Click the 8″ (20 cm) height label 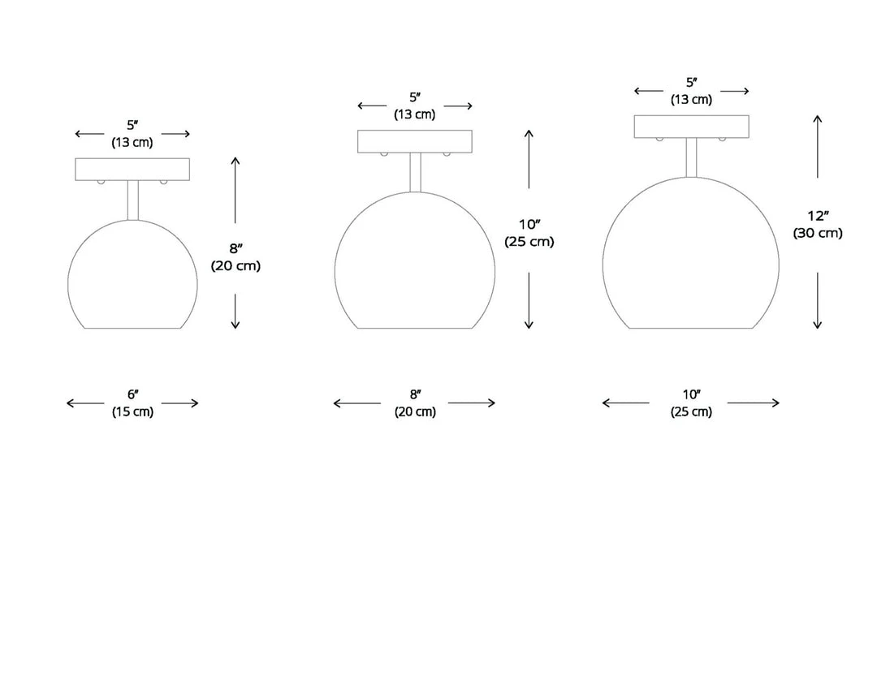click(235, 256)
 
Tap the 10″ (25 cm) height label click(529, 233)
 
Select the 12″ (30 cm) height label click(818, 224)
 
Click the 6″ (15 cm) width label click(132, 403)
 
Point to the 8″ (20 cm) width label click(415, 403)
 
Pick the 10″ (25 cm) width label click(691, 403)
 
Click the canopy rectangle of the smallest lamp click(132, 170)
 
